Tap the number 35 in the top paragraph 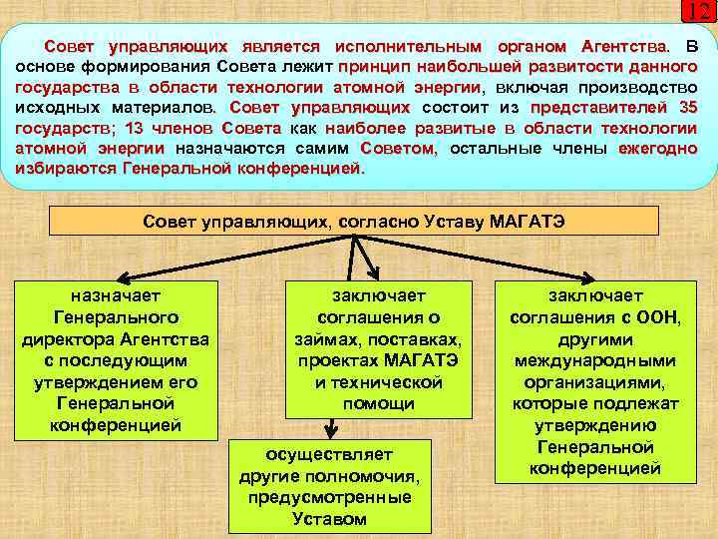point(685,108)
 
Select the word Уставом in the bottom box point(329,518)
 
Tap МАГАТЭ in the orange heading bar point(529,221)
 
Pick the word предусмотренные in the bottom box point(329,496)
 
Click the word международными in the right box point(595,360)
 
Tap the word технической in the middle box point(378,382)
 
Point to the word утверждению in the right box point(595,424)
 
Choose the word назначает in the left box point(118,295)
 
